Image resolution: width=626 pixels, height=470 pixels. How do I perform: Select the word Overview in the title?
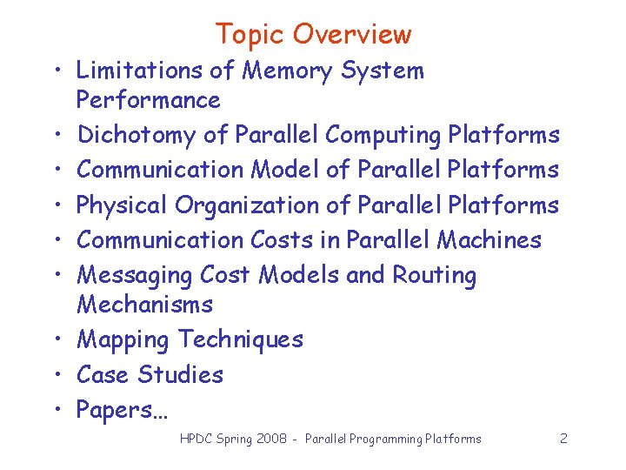[352, 34]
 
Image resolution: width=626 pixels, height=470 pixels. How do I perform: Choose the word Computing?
[383, 135]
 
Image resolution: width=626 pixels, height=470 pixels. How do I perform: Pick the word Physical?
[122, 205]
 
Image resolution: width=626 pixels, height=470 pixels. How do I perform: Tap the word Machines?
[489, 239]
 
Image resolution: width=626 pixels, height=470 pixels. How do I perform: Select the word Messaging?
[135, 276]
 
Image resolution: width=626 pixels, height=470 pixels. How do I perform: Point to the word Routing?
[435, 276]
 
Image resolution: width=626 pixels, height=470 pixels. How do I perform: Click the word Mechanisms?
[144, 305]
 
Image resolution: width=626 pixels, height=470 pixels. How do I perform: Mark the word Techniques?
[241, 339]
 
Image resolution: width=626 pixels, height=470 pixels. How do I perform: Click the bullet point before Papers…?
[55, 410]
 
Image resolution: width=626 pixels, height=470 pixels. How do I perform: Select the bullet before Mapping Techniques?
[55, 339]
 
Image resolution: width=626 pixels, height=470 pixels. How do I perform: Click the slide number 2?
[563, 439]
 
